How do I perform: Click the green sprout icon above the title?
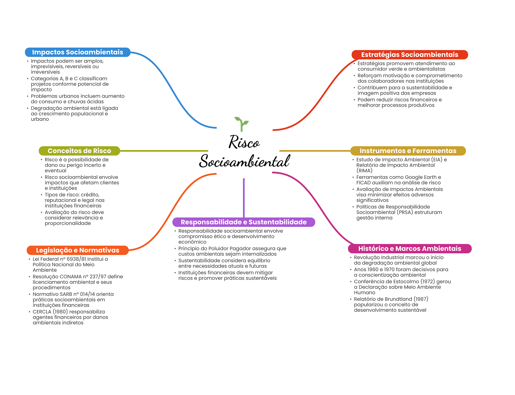point(241,124)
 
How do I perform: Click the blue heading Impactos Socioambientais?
point(77,52)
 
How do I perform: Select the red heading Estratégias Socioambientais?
point(409,55)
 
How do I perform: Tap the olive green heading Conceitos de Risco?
point(79,151)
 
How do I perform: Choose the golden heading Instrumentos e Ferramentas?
point(408,151)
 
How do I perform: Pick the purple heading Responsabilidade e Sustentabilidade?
point(243,222)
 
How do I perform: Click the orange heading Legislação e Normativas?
point(77,250)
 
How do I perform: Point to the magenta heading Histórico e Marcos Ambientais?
point(409,248)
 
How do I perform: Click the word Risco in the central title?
point(244,142)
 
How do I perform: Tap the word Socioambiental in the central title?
point(244,161)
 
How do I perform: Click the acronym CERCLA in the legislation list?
point(42,312)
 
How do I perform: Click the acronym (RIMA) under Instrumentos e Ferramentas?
point(364,171)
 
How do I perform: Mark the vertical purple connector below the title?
point(244,198)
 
